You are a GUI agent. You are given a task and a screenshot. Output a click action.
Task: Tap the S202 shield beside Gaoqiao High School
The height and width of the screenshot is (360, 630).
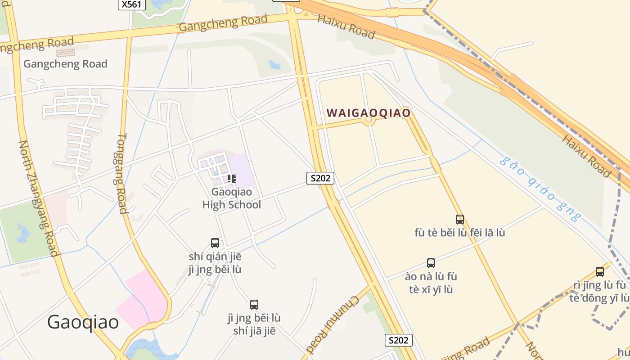point(320,178)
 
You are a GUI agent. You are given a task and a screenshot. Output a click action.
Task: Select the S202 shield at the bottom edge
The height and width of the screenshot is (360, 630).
point(398,340)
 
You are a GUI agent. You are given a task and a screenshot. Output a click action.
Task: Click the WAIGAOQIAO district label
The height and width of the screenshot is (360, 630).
point(369,112)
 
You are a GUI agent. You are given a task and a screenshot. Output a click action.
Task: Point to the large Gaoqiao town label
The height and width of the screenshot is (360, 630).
point(83,322)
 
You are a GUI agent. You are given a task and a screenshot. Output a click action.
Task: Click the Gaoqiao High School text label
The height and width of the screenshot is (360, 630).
point(231,198)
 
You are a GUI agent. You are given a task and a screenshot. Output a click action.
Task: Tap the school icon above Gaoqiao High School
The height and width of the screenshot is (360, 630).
point(231,179)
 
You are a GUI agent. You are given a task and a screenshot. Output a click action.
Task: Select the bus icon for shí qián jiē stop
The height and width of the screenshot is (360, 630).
point(215,243)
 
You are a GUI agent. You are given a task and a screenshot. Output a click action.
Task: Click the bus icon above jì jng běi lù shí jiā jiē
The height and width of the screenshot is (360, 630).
point(254,305)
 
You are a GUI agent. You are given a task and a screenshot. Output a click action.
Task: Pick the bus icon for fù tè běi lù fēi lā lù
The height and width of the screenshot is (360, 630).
point(459,220)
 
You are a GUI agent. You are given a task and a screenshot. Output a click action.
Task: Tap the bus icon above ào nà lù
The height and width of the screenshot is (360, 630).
point(431,263)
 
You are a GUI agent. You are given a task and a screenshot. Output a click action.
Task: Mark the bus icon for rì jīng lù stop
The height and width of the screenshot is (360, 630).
point(599,272)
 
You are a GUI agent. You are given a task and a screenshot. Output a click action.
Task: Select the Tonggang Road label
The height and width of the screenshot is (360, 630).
point(121,173)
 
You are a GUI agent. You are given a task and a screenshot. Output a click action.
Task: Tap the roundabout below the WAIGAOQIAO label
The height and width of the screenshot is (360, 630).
point(369,120)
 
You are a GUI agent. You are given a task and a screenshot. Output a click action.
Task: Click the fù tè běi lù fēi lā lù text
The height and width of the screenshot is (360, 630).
point(459,233)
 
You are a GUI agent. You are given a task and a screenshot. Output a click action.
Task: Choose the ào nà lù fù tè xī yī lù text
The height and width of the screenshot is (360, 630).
point(431,283)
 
